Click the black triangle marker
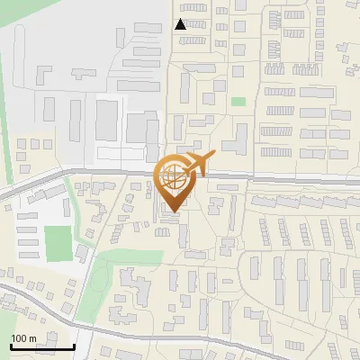click(181, 24)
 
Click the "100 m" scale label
click(23, 338)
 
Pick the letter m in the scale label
click(32, 338)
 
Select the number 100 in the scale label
click(19, 338)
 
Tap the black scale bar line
click(42, 346)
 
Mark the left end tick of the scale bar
click(11, 345)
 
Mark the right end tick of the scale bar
click(74, 345)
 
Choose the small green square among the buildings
click(238, 102)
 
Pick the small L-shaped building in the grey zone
click(44, 73)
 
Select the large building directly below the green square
click(238, 138)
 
